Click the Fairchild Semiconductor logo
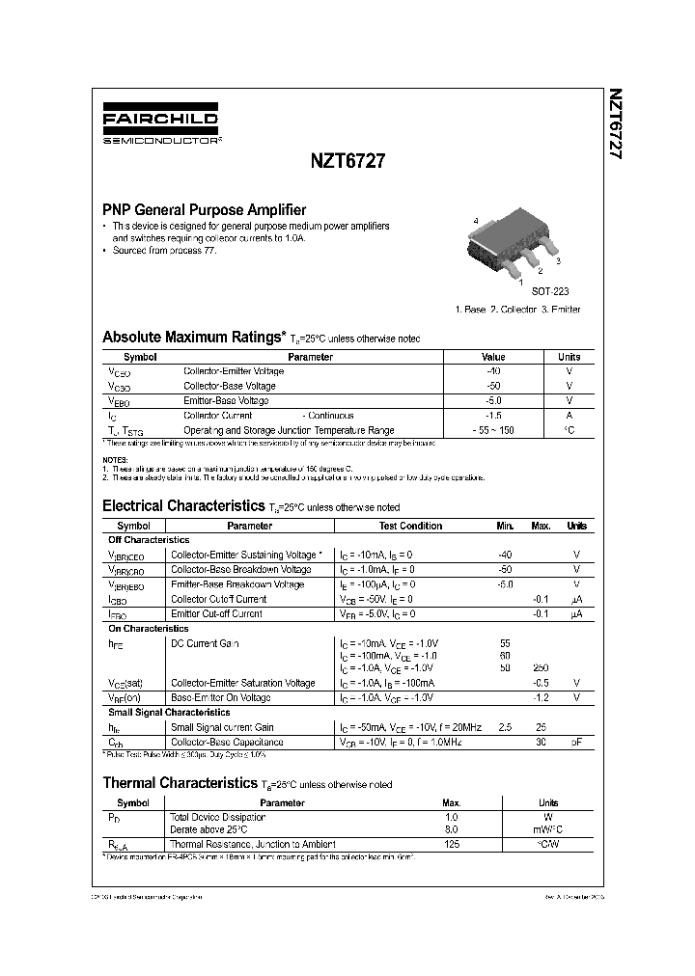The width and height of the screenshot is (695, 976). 161,126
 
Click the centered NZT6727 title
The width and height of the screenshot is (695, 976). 348,163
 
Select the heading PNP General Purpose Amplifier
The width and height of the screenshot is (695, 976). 205,209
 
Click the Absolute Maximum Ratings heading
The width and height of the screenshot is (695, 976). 194,338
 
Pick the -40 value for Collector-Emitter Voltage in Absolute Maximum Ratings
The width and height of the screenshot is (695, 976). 493,371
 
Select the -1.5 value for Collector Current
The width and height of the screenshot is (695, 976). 493,416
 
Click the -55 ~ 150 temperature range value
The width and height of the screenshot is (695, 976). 493,430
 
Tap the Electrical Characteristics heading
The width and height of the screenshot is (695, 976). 183,505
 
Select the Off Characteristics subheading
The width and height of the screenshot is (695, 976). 149,540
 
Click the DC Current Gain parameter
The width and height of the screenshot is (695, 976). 205,643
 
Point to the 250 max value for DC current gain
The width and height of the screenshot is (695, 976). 541,668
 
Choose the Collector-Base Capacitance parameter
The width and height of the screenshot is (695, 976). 227,742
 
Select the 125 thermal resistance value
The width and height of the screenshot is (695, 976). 451,843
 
